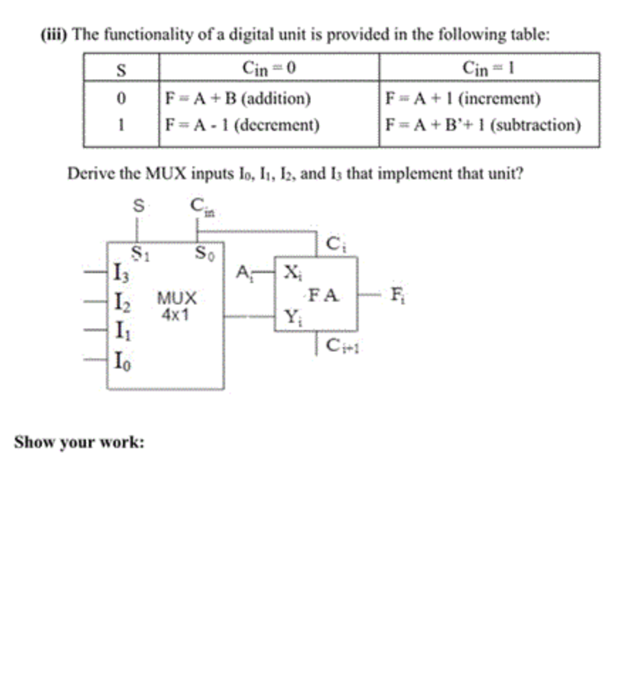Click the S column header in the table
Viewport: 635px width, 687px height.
121,68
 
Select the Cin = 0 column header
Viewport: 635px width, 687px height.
268,68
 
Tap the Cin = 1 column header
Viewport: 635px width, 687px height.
489,68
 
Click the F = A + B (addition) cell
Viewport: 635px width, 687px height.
237,98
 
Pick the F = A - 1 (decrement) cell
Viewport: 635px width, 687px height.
241,126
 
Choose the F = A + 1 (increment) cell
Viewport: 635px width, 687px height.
462,98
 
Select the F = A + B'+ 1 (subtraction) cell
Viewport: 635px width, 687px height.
482,126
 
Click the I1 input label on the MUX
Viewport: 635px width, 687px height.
121,330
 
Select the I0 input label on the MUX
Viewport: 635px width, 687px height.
121,360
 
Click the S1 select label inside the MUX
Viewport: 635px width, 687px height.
139,251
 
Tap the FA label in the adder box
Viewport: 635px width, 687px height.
323,294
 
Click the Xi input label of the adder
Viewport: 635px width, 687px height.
291,272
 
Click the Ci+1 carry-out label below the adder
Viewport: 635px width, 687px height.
341,346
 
